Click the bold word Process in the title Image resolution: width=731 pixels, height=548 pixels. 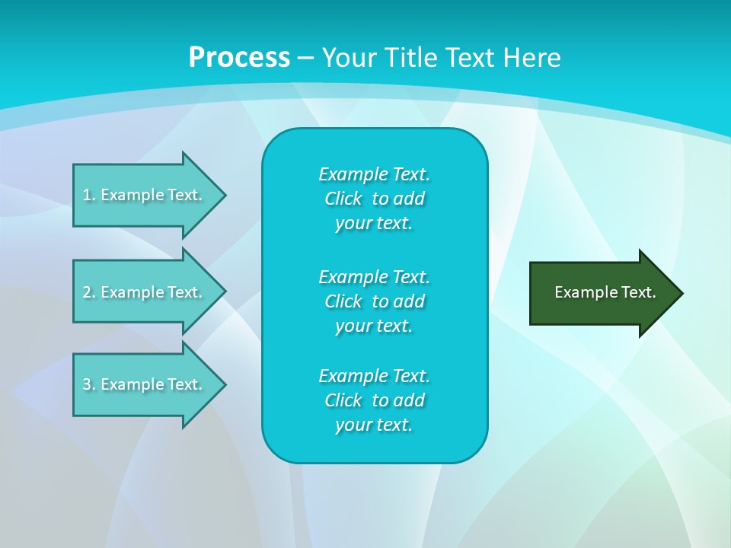(239, 58)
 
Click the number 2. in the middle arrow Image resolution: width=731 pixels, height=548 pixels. (89, 292)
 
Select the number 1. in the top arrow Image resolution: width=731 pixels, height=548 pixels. (89, 195)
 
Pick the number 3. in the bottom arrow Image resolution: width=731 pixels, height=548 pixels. (89, 384)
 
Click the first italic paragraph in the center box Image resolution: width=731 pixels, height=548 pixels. (374, 199)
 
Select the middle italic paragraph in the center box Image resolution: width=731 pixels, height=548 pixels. (374, 301)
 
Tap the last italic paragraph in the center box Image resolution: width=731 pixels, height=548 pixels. (374, 400)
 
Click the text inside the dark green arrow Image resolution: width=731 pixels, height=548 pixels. (605, 292)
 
